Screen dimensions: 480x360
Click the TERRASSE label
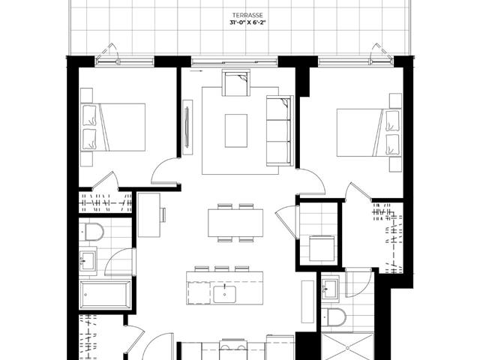point(247,15)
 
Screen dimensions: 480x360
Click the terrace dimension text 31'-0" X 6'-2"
point(247,22)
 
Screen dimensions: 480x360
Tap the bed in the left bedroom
point(113,127)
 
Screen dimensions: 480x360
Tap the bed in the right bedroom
point(369,133)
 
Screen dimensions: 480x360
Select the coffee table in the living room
point(236,130)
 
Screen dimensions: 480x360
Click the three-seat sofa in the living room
point(280,130)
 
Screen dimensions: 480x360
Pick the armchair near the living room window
point(236,82)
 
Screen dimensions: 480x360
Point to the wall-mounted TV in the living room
point(187,127)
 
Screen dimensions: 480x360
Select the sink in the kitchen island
point(225,294)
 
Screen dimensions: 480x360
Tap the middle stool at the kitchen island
point(222,268)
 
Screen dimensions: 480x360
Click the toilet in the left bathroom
point(91,232)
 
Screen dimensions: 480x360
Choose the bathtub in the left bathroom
point(105,295)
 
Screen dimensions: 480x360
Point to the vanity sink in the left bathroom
point(88,261)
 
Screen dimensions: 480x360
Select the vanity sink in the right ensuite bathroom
point(330,289)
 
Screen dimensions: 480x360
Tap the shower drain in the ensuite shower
point(347,348)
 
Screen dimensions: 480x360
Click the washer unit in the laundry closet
point(322,248)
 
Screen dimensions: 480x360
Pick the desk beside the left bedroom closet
point(149,215)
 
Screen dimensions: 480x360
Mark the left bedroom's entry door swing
point(165,172)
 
